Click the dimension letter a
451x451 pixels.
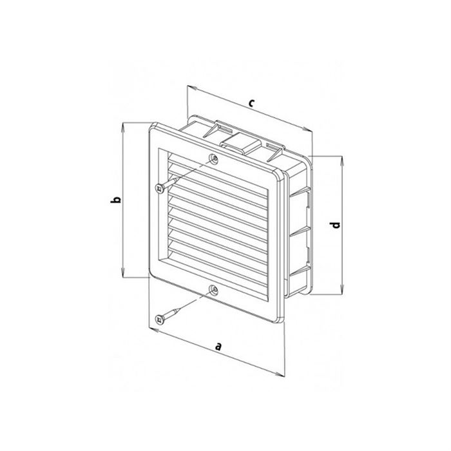pyautogui.click(x=218, y=347)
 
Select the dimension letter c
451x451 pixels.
pyautogui.click(x=252, y=103)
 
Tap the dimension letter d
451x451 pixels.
pyautogui.click(x=335, y=225)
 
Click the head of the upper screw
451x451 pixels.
pyautogui.click(x=160, y=189)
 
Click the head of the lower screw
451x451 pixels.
pyautogui.click(x=159, y=319)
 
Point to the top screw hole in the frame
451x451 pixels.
pyautogui.click(x=213, y=158)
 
